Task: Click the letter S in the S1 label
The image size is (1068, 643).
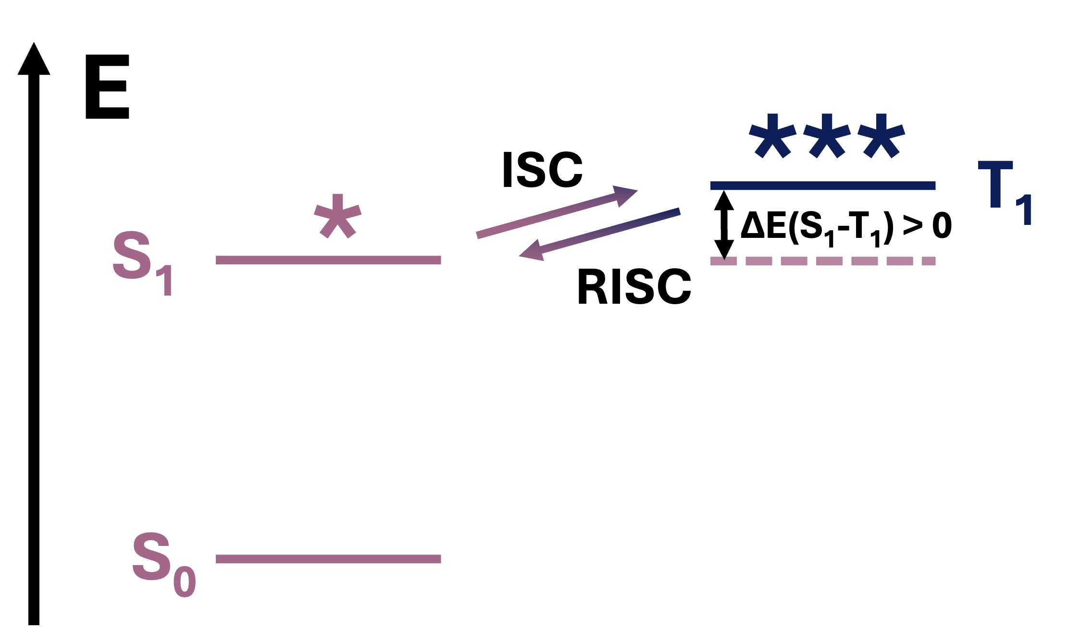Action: coord(131,255)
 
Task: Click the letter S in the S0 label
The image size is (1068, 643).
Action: coord(151,556)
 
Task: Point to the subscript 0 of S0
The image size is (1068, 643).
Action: coord(185,581)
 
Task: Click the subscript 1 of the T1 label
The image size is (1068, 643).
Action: coord(1025,210)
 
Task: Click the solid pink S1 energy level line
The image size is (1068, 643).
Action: coord(328,260)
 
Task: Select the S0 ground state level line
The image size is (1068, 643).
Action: coord(328,559)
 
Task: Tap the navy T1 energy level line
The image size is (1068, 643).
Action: coord(823,185)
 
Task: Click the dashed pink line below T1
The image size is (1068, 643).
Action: coord(823,261)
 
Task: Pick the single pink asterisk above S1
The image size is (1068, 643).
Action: coord(337,216)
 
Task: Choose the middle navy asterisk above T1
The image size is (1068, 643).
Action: coord(827,136)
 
